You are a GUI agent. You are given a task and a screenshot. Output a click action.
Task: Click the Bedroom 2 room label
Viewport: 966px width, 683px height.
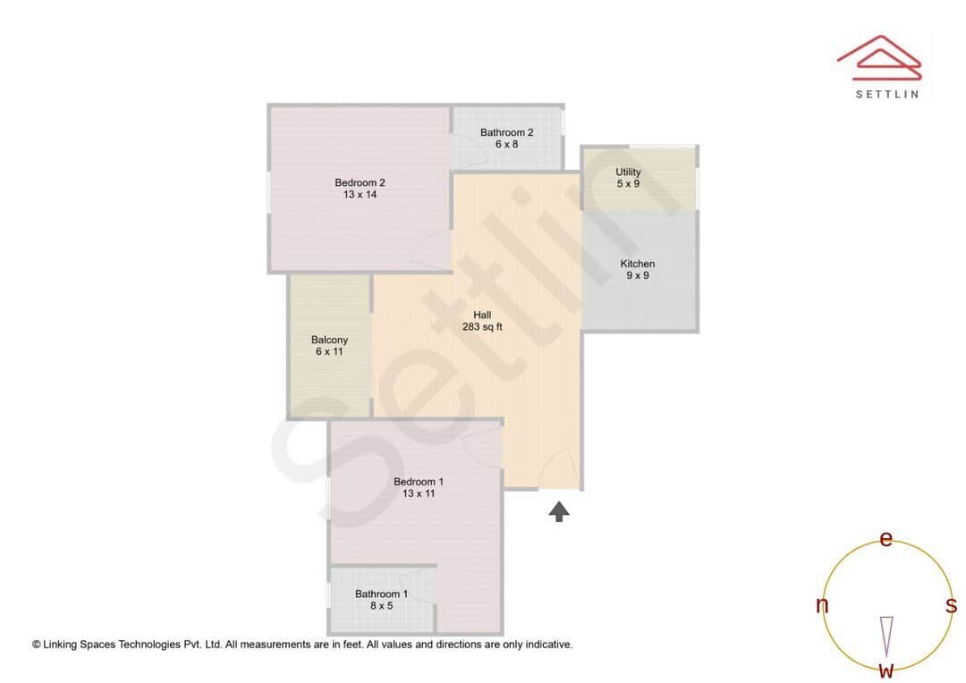[360, 183]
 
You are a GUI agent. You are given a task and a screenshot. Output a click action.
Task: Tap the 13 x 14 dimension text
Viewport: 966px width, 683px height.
[360, 195]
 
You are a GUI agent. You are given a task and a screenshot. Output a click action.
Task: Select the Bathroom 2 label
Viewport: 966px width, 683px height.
[506, 132]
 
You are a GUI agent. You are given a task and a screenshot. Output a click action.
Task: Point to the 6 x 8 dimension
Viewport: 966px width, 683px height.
[506, 144]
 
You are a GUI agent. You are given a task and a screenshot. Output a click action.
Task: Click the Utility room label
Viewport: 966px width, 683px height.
[628, 172]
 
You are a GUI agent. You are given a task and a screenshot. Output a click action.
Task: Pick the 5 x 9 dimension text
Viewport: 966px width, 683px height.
[628, 183]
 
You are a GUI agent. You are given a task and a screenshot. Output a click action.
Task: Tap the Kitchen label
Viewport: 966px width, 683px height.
[638, 264]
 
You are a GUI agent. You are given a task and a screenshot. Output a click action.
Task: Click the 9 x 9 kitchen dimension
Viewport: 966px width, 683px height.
[638, 275]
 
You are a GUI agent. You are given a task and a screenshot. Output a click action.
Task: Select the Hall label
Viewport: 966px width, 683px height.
[482, 315]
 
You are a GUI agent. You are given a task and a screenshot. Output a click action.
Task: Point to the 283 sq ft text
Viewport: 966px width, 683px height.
[482, 326]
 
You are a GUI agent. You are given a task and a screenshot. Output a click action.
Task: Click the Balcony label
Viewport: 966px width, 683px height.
[329, 340]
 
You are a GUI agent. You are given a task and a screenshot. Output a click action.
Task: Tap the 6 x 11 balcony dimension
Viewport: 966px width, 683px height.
[329, 351]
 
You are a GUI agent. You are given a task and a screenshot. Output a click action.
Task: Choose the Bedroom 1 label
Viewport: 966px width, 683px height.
[419, 482]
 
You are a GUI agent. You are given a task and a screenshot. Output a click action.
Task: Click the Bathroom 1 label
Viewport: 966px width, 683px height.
[381, 594]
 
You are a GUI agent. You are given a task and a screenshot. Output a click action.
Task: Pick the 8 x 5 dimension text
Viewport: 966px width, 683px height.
[381, 605]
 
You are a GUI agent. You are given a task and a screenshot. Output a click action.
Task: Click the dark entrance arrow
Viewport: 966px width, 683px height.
[559, 510]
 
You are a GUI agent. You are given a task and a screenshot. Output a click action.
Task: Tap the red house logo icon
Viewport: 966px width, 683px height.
[878, 55]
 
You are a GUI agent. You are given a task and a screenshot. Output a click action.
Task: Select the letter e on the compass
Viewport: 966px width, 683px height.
[886, 539]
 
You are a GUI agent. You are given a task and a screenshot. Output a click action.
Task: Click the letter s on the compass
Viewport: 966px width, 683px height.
[952, 605]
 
